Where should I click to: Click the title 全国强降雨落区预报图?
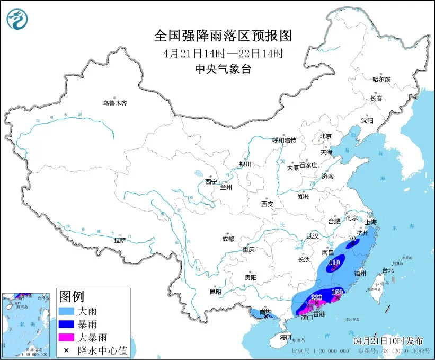pyautogui.click(x=223, y=36)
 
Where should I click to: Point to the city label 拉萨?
pyautogui.click(x=120, y=240)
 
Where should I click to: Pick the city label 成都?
pyautogui.click(x=228, y=239)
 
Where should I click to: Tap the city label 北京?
pyautogui.click(x=325, y=136)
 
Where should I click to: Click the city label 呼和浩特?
pyautogui.click(x=284, y=140)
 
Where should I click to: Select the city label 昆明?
pyautogui.click(x=215, y=291)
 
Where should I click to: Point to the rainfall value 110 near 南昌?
pyautogui.click(x=334, y=262)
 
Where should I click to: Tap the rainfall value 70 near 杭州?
pyautogui.click(x=351, y=239)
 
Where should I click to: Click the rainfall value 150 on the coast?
pyautogui.click(x=338, y=292)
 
